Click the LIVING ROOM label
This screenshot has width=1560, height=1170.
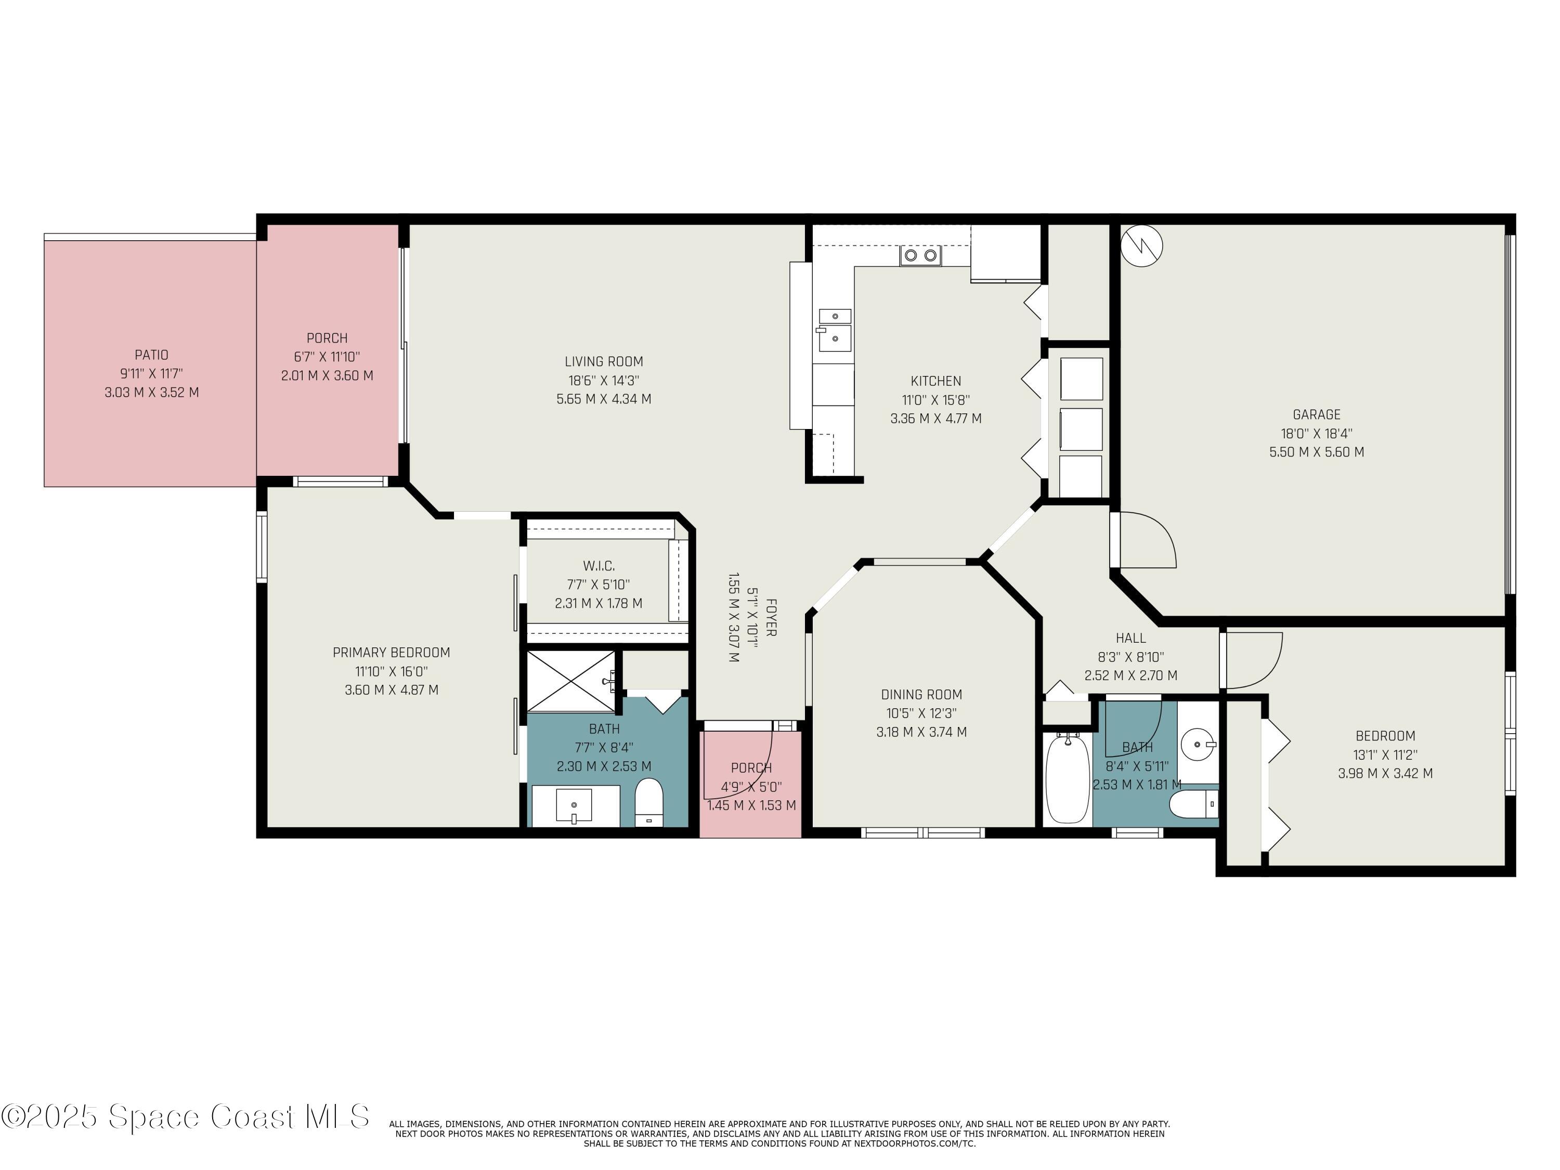pyautogui.click(x=604, y=362)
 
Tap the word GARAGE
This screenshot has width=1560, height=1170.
pyautogui.click(x=1316, y=414)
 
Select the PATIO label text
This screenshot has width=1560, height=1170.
pyautogui.click(x=152, y=355)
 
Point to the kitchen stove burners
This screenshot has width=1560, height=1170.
pyautogui.click(x=920, y=255)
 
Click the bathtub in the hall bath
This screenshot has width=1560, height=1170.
pyautogui.click(x=1067, y=778)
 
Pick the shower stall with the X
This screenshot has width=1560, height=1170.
pyautogui.click(x=571, y=681)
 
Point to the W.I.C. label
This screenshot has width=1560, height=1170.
pyautogui.click(x=599, y=566)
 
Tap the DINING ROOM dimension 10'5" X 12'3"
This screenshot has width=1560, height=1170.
pyautogui.click(x=921, y=713)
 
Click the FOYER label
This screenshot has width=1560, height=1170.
pyautogui.click(x=771, y=618)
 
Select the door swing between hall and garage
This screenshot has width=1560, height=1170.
pyautogui.click(x=1148, y=540)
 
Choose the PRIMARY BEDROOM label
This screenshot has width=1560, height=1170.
pyautogui.click(x=392, y=653)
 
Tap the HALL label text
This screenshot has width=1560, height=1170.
pyautogui.click(x=1130, y=638)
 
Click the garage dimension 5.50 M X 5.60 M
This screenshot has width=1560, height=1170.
pyautogui.click(x=1317, y=452)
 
